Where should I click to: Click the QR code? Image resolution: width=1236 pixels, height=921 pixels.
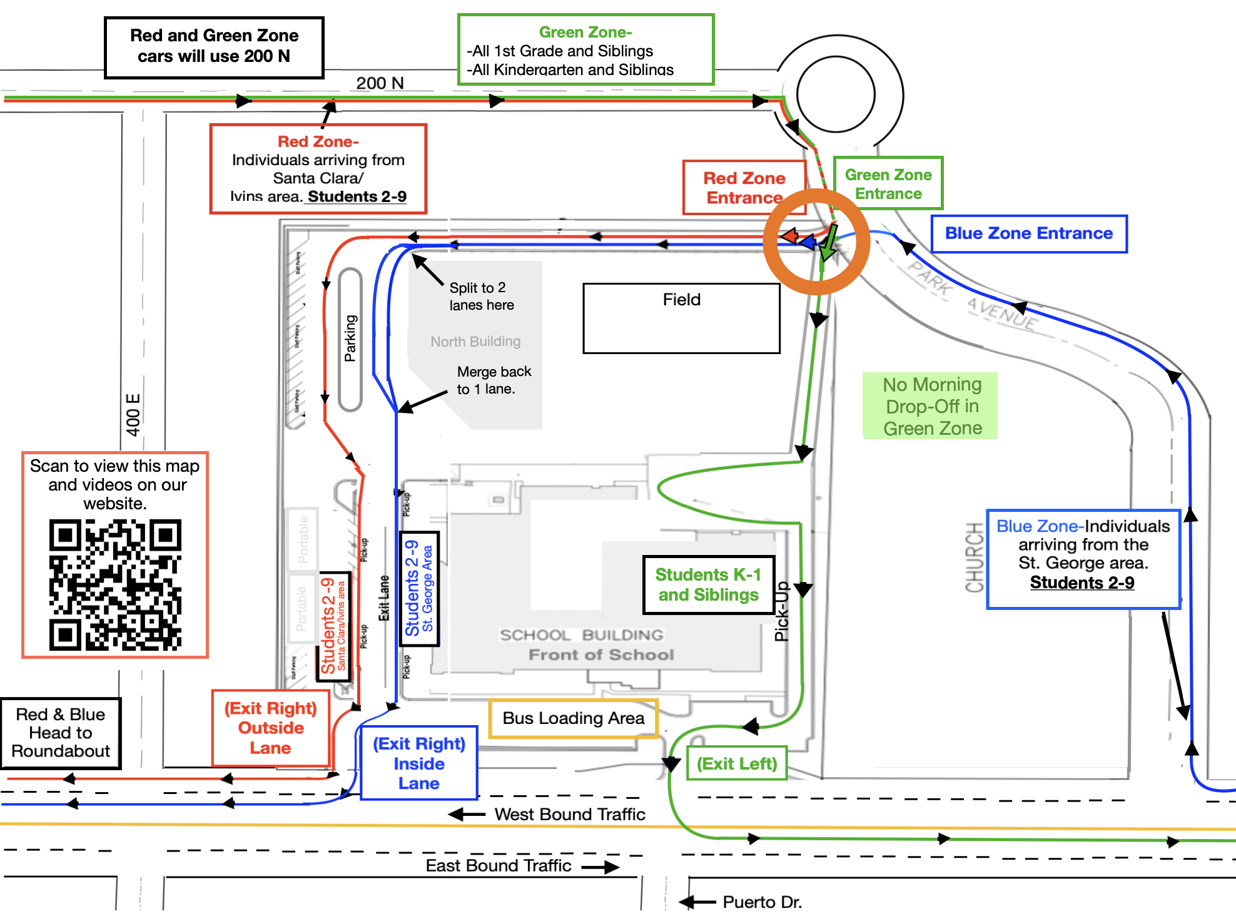(115, 585)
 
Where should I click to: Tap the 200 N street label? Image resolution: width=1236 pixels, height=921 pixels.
(380, 83)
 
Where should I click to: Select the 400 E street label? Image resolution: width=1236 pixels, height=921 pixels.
(133, 415)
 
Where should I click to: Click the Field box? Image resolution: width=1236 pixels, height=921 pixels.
(681, 318)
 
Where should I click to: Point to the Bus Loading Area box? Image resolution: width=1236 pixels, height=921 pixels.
(573, 718)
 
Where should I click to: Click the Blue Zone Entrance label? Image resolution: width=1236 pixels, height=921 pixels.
(1029, 234)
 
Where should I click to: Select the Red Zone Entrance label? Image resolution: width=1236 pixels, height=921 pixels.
(744, 188)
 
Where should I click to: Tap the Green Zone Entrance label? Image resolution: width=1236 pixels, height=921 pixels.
(888, 183)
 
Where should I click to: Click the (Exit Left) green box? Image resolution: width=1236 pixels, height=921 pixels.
(737, 763)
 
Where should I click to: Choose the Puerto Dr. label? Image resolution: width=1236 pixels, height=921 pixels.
(762, 902)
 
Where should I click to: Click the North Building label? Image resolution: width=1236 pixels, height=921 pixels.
(475, 342)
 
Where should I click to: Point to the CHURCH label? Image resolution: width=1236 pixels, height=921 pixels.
(975, 557)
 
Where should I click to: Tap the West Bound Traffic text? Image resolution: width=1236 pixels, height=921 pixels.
(569, 815)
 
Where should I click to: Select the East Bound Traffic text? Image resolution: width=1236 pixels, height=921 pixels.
(499, 866)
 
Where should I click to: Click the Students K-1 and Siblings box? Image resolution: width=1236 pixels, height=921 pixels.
(709, 584)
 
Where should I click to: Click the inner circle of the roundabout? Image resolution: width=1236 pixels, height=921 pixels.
(836, 94)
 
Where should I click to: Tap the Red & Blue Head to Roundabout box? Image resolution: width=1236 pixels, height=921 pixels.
(61, 733)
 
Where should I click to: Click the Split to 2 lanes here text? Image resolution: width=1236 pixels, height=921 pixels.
(482, 297)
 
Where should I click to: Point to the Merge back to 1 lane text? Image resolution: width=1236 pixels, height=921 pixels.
(494, 380)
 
